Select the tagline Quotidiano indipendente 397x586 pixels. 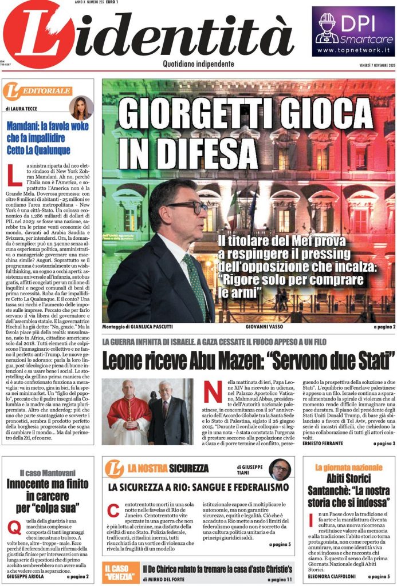(198, 64)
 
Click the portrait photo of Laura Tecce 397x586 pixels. (81, 107)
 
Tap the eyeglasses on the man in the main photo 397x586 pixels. (187, 207)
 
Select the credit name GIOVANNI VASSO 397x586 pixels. (246, 327)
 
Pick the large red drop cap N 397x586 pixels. (213, 395)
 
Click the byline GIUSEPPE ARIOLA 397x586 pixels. (26, 576)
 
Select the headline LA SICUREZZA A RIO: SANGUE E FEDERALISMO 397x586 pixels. (198, 488)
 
